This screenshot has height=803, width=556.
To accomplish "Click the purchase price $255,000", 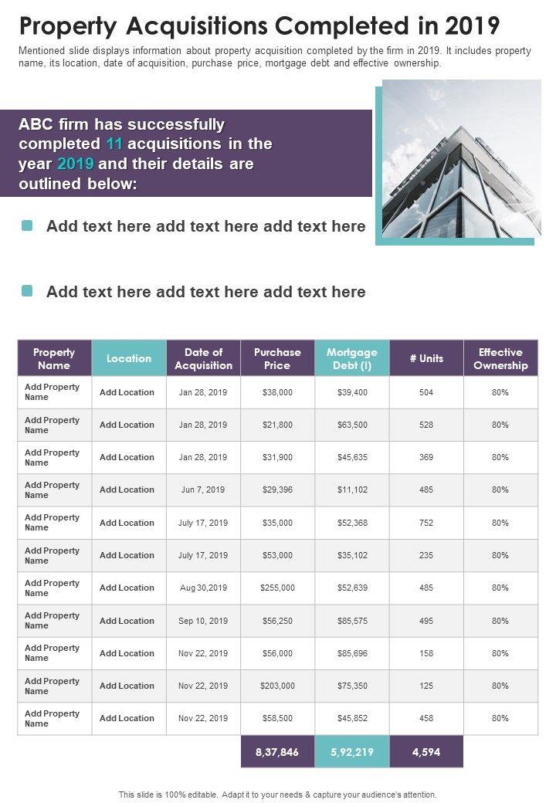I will [277, 588].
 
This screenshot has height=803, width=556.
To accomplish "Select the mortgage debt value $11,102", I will [352, 490].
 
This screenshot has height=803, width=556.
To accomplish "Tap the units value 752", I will [426, 523].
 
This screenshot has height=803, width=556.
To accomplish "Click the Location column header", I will [129, 358].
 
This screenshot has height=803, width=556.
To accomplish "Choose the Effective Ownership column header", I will [500, 358].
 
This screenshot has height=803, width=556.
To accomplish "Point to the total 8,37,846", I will [277, 752].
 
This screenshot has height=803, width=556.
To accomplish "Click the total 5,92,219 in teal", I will [352, 752].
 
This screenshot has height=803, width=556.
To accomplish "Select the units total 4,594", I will [426, 752].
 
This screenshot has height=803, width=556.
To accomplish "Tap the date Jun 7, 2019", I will [203, 490].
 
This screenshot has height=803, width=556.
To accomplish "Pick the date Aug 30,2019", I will [203, 588].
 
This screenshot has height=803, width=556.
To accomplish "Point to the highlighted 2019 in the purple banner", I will [75, 164].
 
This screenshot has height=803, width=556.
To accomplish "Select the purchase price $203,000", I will [277, 686].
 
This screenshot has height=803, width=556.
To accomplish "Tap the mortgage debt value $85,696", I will [352, 653].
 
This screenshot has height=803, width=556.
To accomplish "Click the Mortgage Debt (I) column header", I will [352, 358].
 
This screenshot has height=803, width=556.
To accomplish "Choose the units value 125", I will [426, 686].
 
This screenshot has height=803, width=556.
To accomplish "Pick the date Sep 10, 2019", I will [203, 621].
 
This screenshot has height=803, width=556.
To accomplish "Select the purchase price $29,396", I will [277, 490].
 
